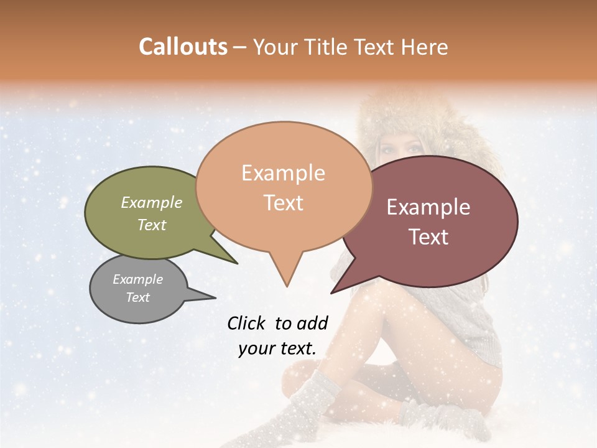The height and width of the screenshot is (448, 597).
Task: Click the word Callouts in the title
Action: [x=183, y=47]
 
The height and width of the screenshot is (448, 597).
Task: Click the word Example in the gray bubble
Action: [x=138, y=279]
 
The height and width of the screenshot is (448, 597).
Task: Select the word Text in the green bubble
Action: [x=152, y=225]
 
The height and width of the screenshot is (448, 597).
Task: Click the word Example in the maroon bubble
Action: [x=428, y=207]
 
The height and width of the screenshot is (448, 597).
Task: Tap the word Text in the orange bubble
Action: [x=284, y=202]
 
